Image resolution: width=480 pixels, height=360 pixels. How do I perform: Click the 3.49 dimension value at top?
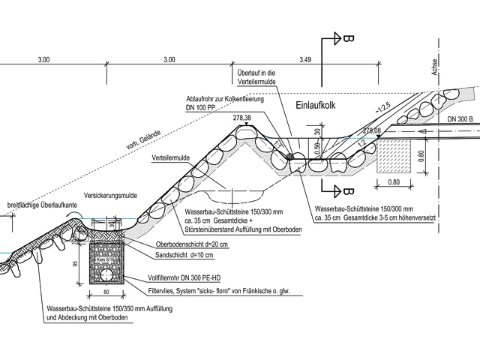[x=304, y=58]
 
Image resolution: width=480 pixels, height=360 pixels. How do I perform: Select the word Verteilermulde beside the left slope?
[x=169, y=159]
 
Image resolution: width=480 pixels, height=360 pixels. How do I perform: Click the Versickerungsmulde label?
[x=110, y=193]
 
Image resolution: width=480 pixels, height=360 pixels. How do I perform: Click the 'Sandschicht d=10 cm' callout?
[x=181, y=256]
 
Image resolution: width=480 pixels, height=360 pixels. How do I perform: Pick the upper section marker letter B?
[x=349, y=37]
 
